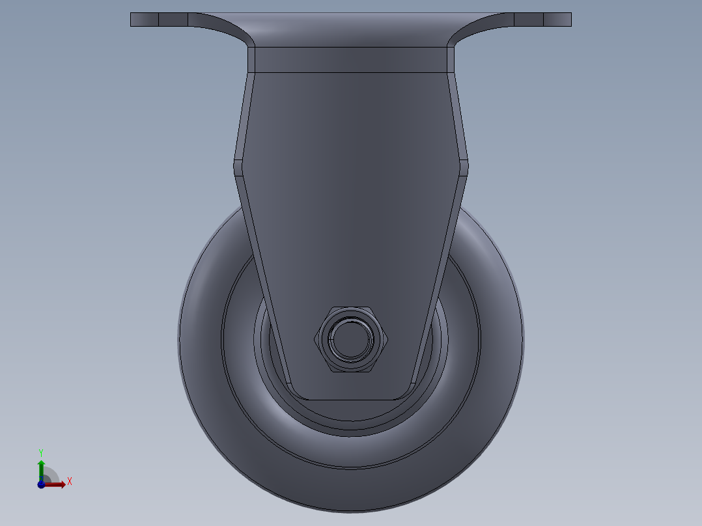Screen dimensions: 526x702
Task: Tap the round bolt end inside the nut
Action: [351, 339]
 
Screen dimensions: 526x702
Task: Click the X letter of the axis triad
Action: [70, 482]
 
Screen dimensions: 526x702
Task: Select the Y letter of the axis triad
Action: [40, 452]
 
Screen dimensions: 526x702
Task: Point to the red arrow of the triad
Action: [55, 484]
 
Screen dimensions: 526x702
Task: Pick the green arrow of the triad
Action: [41, 467]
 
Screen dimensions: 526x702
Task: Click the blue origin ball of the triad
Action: [41, 484]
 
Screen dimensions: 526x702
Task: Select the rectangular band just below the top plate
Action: [350, 59]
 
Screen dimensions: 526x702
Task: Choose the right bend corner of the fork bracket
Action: [464, 165]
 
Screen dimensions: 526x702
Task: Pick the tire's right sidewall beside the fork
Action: [500, 325]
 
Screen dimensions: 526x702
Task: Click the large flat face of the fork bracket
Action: [350, 195]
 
